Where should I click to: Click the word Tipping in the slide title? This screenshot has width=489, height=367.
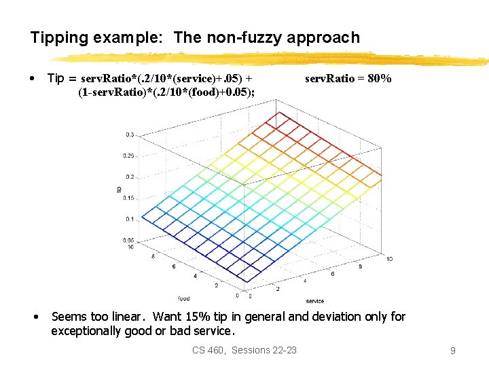56,38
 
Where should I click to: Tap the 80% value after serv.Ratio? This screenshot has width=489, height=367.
379,79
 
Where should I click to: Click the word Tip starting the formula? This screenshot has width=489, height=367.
56,79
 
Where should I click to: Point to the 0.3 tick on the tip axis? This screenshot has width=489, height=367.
129,135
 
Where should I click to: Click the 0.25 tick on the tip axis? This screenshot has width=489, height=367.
128,156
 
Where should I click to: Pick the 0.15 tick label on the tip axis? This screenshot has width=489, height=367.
128,198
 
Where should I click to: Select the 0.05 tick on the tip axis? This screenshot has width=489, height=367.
128,241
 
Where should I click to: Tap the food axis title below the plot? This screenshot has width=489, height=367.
184,298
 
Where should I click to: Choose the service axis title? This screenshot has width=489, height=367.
314,300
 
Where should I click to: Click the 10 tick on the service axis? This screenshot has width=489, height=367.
389,259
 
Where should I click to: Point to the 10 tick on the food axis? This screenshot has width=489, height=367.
130,247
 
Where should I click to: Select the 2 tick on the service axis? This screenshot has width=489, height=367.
277,289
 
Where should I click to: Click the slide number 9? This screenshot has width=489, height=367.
452,351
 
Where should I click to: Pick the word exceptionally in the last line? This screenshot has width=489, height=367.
86,332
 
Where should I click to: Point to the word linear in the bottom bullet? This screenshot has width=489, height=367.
130,317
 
